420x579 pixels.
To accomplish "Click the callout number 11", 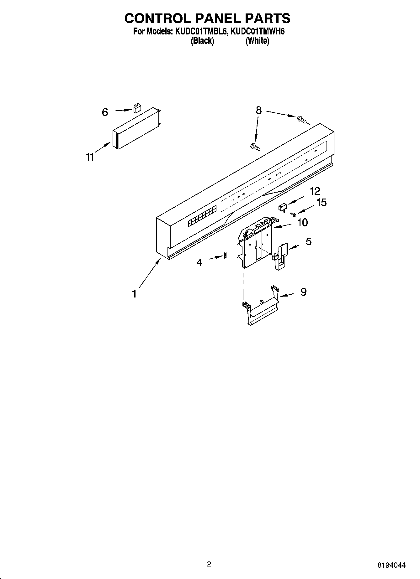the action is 90,157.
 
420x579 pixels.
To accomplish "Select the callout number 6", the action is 105,112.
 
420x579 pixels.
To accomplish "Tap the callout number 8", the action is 258,110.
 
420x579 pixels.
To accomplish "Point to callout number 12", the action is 315,191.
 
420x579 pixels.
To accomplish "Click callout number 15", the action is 322,203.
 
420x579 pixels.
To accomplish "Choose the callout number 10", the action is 302,223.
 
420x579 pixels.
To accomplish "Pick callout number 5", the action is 309,241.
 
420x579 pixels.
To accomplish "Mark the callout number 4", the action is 199,262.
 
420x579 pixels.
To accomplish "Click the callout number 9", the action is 303,292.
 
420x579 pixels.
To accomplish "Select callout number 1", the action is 134,294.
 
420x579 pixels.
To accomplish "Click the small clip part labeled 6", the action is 137,108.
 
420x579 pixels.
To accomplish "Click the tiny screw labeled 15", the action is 293,215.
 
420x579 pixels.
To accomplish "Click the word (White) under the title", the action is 257,41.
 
